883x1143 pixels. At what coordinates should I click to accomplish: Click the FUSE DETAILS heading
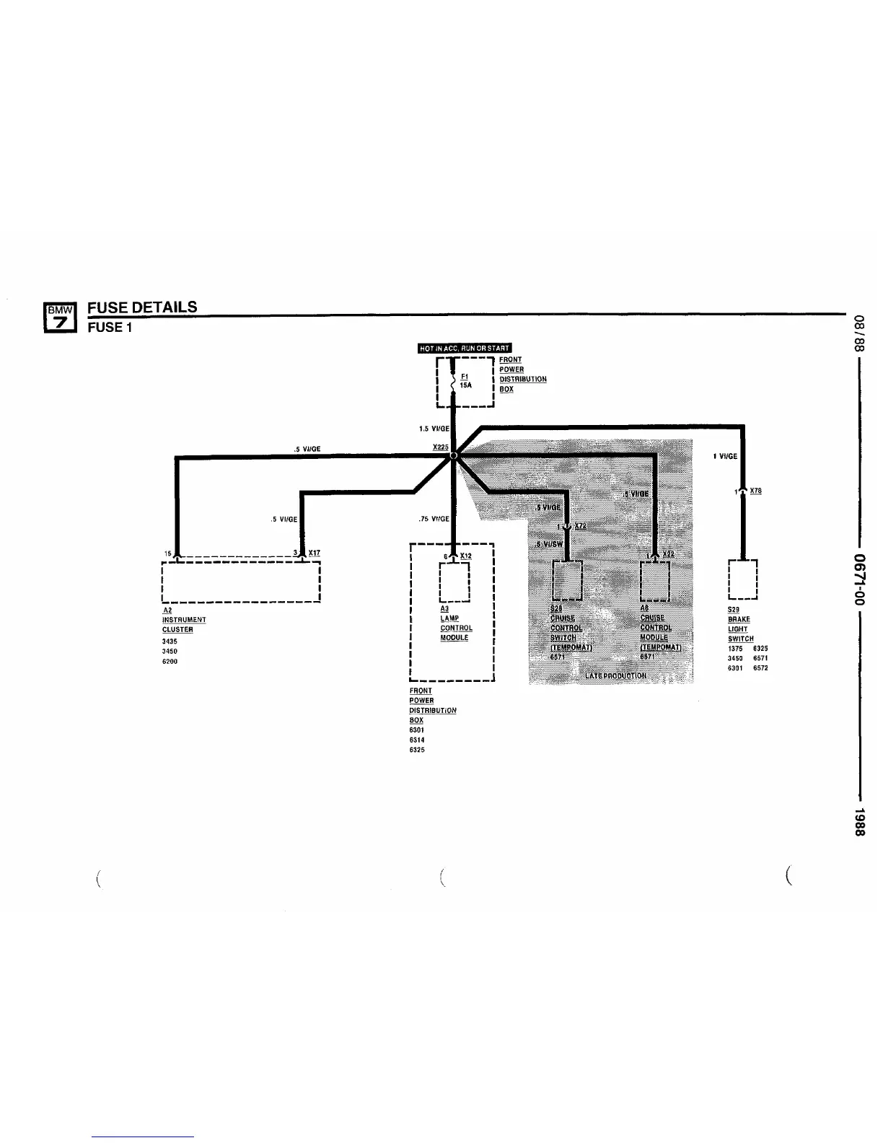point(142,307)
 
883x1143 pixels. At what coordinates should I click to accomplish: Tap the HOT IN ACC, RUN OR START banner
point(465,349)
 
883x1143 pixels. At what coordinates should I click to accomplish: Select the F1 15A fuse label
point(465,381)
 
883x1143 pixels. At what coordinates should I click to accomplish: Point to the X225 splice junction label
point(440,447)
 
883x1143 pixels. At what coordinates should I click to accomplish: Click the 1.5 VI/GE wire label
point(434,429)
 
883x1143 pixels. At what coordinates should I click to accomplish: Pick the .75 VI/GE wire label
point(433,519)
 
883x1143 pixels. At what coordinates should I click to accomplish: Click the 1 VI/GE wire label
point(724,457)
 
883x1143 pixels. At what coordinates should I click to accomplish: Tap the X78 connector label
point(755,491)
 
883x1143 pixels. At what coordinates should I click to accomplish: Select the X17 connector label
point(314,553)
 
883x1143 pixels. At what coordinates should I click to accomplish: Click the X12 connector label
point(465,556)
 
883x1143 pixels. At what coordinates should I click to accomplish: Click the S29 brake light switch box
point(743,579)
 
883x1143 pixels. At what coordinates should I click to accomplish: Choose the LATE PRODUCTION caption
point(615,676)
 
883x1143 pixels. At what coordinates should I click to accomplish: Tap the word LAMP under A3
point(449,618)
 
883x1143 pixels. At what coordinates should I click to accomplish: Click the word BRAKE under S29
point(739,619)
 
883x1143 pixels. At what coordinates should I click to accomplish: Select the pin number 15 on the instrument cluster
point(167,553)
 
